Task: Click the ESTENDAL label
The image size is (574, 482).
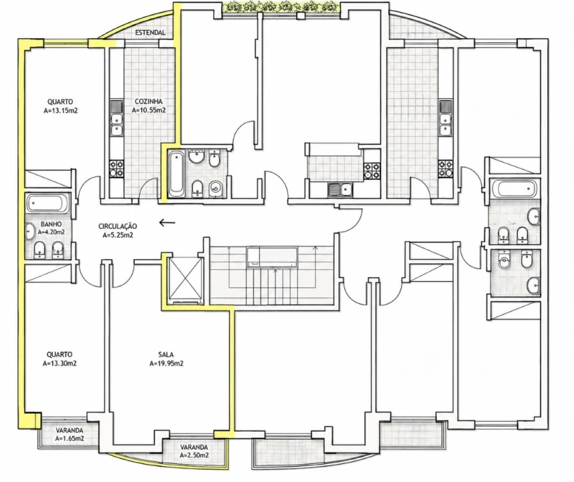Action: pyautogui.click(x=150, y=33)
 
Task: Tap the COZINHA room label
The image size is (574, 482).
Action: pyautogui.click(x=149, y=101)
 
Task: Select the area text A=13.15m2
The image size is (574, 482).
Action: pyautogui.click(x=60, y=110)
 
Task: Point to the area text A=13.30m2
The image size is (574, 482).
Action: pyautogui.click(x=60, y=364)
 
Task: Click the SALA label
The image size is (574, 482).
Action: pyautogui.click(x=166, y=354)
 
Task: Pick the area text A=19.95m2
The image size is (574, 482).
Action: pyautogui.click(x=166, y=364)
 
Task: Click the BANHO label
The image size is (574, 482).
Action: pyautogui.click(x=51, y=224)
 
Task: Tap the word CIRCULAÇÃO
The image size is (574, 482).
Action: pyautogui.click(x=117, y=226)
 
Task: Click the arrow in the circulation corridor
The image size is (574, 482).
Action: pyautogui.click(x=167, y=222)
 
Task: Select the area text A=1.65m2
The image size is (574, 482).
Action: pyautogui.click(x=70, y=438)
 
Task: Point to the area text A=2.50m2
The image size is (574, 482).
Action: pyautogui.click(x=194, y=455)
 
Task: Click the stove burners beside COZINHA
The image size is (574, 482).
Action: pyautogui.click(x=117, y=168)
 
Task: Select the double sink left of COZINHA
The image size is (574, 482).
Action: pyautogui.click(x=117, y=125)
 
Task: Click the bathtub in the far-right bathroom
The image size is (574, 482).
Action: pyautogui.click(x=514, y=189)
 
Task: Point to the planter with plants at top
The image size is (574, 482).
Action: pyautogui.click(x=281, y=7)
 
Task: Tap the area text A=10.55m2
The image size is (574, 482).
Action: pyautogui.click(x=149, y=110)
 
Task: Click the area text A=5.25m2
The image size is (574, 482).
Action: pyautogui.click(x=117, y=235)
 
